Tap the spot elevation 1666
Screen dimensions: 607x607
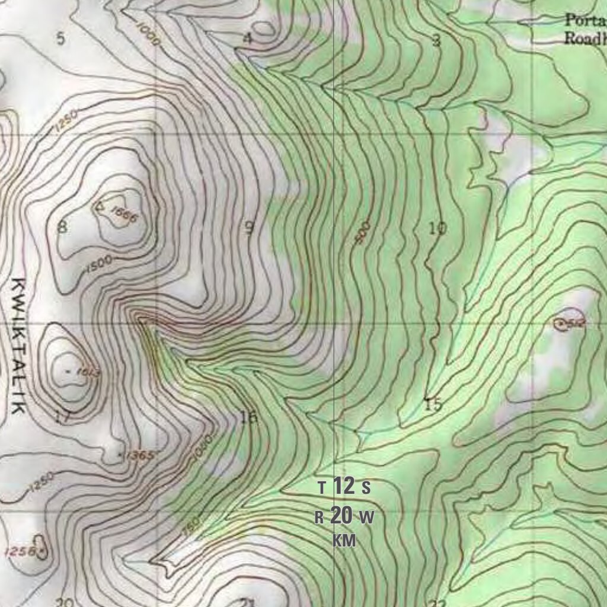pos(124,217)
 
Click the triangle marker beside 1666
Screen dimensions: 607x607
pos(100,207)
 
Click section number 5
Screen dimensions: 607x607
pos(60,39)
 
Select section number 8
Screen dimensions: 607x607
pos(62,226)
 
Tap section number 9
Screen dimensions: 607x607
pos(250,227)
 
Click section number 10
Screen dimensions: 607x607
pos(437,228)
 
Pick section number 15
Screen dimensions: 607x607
pos(434,405)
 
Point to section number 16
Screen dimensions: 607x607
pos(249,417)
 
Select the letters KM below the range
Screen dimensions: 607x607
pos(344,541)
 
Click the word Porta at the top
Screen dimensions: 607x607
pos(582,20)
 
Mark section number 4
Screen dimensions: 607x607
pos(248,39)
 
